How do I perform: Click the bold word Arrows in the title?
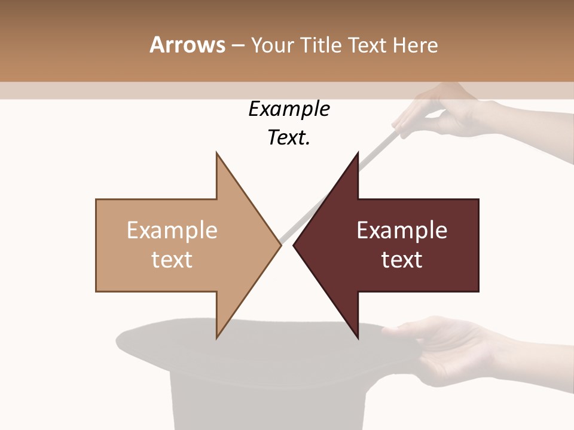click(187, 45)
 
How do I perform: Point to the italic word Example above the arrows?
click(289, 109)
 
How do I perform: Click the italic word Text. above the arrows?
click(289, 138)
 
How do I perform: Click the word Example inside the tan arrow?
click(172, 231)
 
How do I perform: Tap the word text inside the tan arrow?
click(172, 260)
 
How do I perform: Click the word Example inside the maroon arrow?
click(402, 231)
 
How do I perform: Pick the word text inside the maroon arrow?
click(402, 260)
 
